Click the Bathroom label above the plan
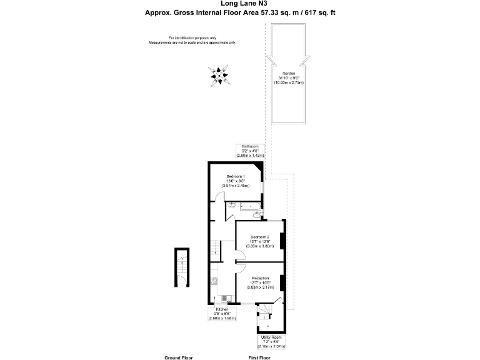(x=249, y=146)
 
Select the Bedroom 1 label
(x=236, y=177)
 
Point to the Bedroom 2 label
(x=259, y=237)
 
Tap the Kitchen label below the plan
(x=222, y=309)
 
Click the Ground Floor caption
(x=179, y=357)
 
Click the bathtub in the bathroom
(x=249, y=205)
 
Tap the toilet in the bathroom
(x=257, y=216)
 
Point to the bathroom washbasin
(x=231, y=204)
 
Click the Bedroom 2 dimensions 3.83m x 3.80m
(x=259, y=246)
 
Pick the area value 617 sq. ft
(x=324, y=12)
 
